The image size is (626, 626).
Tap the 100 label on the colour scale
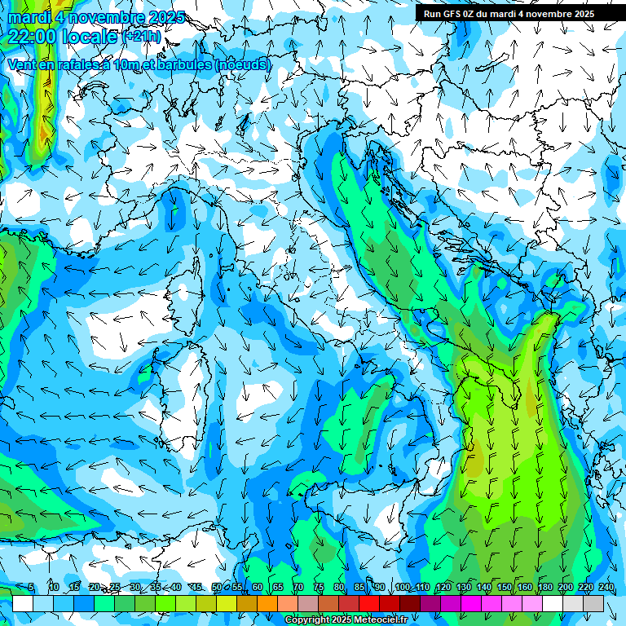click(x=403, y=587)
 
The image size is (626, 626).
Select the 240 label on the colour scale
click(x=606, y=587)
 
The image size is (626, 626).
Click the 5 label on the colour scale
click(x=31, y=587)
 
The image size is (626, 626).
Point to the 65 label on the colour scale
click(x=278, y=587)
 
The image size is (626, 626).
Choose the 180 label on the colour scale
click(x=544, y=587)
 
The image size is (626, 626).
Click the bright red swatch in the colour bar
click(x=369, y=603)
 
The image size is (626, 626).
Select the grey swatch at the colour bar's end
click(x=593, y=603)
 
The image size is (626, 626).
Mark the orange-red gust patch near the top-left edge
click(x=42, y=130)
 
